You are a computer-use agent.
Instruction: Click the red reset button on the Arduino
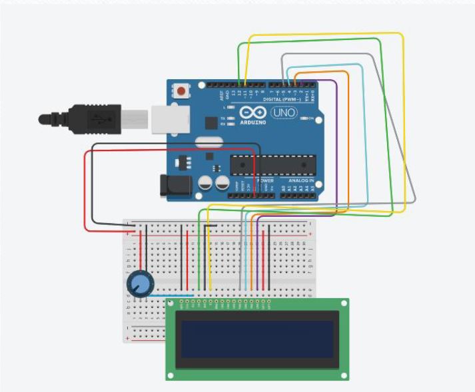[181, 90]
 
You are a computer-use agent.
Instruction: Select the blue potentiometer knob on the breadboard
[139, 286]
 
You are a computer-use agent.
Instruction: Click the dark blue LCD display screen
[257, 338]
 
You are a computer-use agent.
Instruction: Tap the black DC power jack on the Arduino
[175, 186]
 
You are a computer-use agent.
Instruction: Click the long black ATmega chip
[272, 164]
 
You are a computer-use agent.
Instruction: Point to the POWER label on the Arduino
[265, 180]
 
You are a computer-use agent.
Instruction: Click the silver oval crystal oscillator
[209, 141]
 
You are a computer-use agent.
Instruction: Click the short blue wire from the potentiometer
[174, 295]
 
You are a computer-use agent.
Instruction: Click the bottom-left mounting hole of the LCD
[171, 375]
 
